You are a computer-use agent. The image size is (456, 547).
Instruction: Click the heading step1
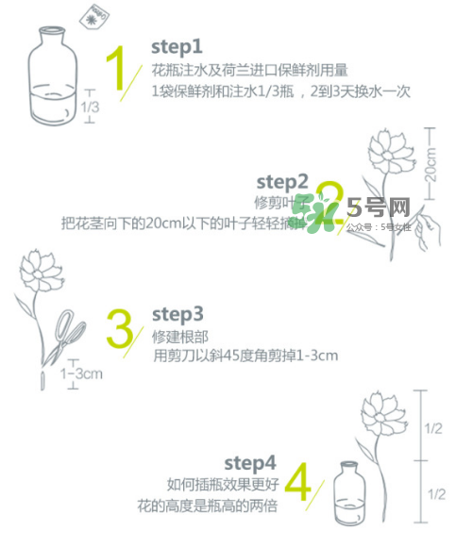177,45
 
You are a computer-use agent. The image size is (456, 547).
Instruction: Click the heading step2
282,180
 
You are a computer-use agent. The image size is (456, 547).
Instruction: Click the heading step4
250,462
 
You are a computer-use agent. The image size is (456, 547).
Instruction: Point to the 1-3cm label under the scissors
80,374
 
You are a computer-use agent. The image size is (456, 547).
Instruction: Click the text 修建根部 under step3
177,336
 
